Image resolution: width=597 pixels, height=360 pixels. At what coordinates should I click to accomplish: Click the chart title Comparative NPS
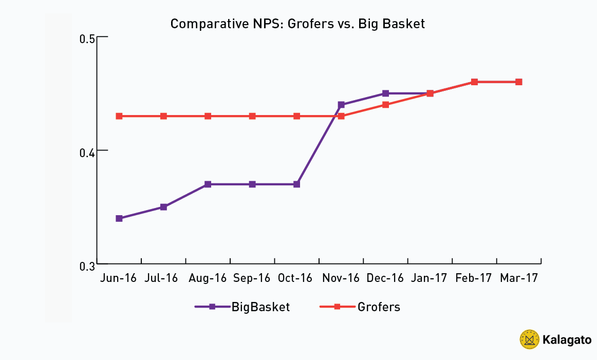(x=297, y=24)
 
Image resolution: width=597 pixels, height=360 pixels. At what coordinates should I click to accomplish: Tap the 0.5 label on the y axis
(x=87, y=38)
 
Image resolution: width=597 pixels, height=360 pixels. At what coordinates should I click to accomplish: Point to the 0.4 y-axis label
(x=87, y=152)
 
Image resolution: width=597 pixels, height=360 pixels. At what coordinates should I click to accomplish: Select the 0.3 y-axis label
(x=87, y=266)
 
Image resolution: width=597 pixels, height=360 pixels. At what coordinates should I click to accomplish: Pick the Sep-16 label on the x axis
(x=252, y=278)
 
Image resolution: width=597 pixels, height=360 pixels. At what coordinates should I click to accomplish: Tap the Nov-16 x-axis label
(x=341, y=278)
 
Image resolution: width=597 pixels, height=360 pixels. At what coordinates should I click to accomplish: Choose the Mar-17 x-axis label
(x=518, y=278)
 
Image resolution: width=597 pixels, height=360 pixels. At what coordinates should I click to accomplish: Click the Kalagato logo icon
(x=529, y=339)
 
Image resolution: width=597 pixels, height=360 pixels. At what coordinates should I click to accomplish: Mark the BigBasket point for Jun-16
(x=119, y=218)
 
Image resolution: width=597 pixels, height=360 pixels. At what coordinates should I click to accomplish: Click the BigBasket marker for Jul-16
(x=163, y=207)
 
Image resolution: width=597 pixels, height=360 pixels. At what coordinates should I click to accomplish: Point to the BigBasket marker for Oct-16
(x=296, y=184)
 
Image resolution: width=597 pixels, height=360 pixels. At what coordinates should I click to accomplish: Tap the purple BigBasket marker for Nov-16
(x=341, y=105)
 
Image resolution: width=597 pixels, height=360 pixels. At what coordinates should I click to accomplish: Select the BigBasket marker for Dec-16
(x=385, y=93)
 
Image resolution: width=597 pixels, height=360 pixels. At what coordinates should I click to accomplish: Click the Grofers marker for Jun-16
(x=119, y=116)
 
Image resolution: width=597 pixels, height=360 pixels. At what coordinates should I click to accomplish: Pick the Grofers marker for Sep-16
(x=252, y=116)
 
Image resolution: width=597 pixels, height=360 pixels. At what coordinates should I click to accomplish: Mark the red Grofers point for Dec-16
(x=385, y=105)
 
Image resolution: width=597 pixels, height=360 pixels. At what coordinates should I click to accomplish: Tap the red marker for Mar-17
(x=518, y=82)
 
